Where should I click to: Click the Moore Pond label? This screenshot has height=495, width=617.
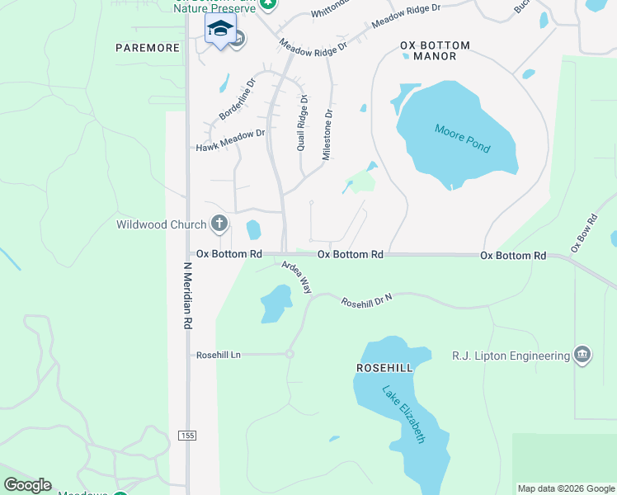tap(462, 138)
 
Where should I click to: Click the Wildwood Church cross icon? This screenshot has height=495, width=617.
tap(219, 224)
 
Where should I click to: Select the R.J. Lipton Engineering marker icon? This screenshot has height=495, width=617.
tap(582, 356)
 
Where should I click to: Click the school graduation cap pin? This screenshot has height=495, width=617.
tap(220, 29)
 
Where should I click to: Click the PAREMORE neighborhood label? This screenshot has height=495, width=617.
tap(148, 48)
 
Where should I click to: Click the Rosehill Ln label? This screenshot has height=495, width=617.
tap(218, 355)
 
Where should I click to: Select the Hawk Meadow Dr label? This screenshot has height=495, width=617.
tap(230, 140)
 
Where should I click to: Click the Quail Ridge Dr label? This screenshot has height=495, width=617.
tap(302, 122)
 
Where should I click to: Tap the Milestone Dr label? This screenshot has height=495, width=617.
tap(327, 135)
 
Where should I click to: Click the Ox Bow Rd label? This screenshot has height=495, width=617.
tap(583, 233)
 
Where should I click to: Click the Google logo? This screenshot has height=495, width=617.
tap(27, 485)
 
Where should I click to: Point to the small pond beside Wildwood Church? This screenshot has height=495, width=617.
tap(253, 229)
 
